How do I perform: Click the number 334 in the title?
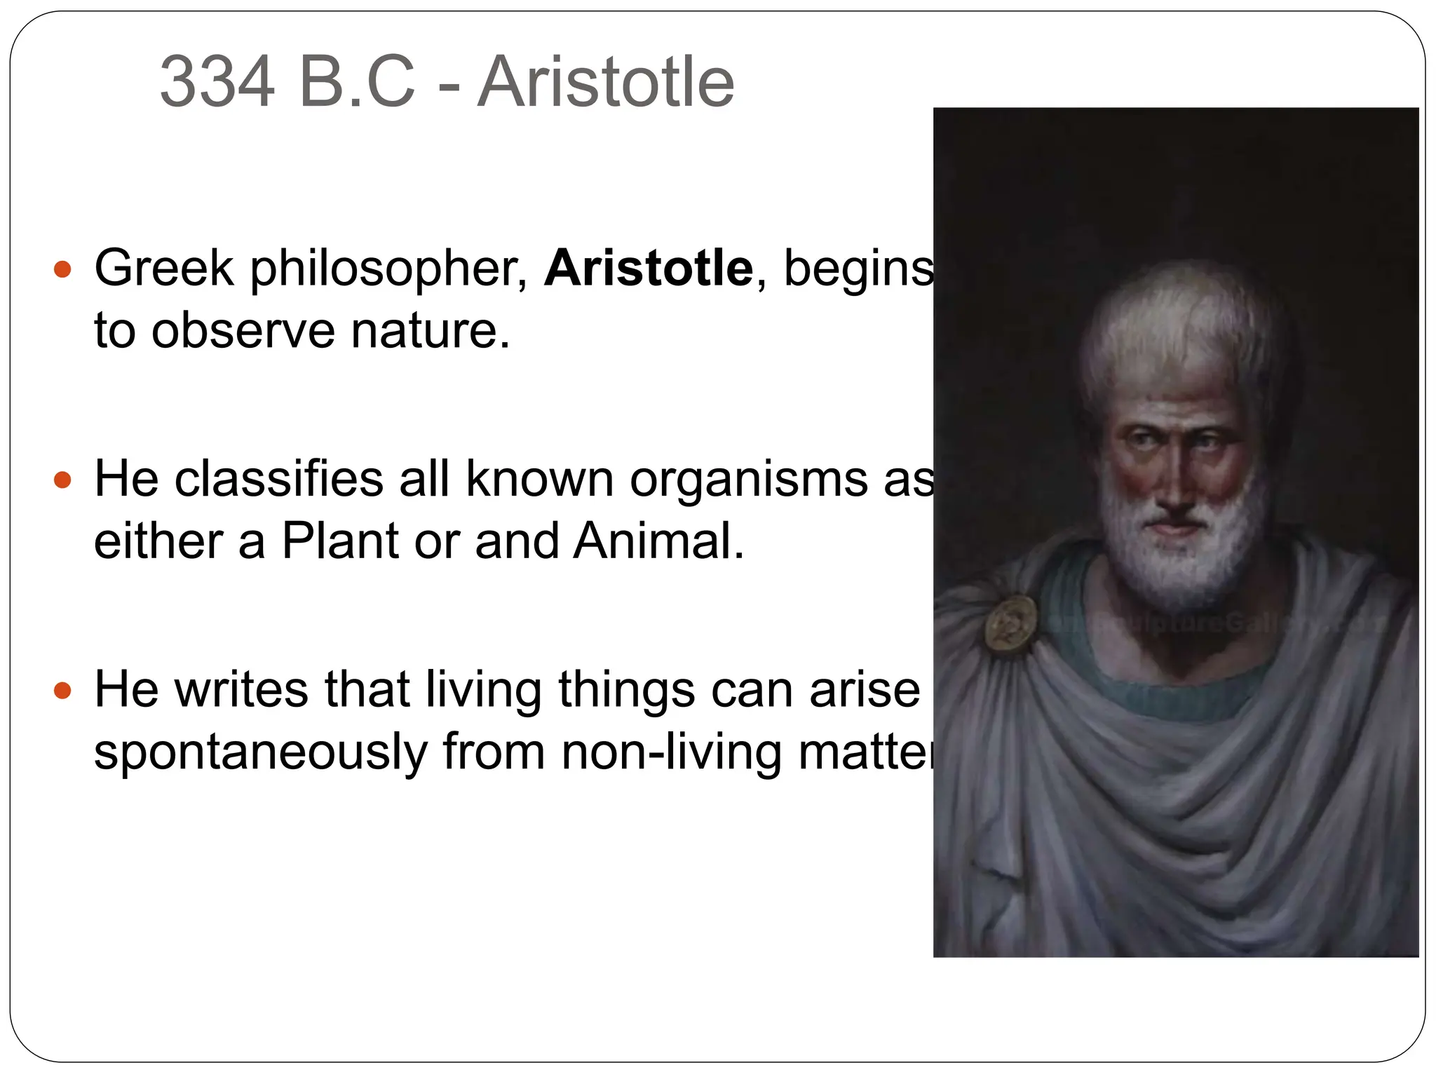pyautogui.click(x=217, y=83)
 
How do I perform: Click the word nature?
pyautogui.click(x=430, y=330)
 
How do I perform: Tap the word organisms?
pyautogui.click(x=749, y=480)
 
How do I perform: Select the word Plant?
pyautogui.click(x=341, y=541)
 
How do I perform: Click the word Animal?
pyautogui.click(x=658, y=541)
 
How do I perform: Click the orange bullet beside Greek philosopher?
pyautogui.click(x=63, y=269)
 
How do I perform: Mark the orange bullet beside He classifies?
pyautogui.click(x=63, y=480)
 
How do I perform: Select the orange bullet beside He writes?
pyautogui.click(x=63, y=691)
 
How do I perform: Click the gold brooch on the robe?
pyautogui.click(x=1010, y=625)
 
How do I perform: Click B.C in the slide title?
pyautogui.click(x=357, y=83)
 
